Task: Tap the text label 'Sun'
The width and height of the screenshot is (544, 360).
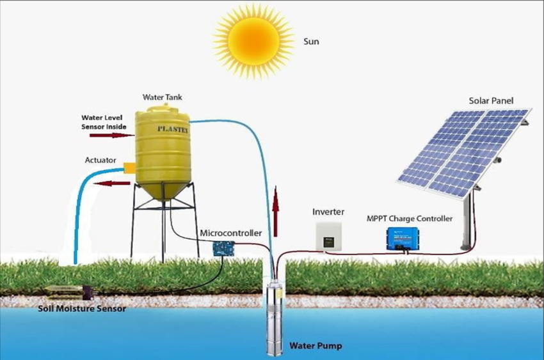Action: pyautogui.click(x=310, y=42)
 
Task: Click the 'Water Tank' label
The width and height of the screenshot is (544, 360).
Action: pyautogui.click(x=162, y=98)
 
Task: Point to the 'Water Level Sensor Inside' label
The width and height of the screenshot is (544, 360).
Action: pyautogui.click(x=104, y=122)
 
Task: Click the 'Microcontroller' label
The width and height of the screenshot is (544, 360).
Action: pyautogui.click(x=231, y=233)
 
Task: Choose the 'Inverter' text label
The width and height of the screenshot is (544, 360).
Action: pyautogui.click(x=329, y=212)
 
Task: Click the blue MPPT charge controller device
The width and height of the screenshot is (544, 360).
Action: pyautogui.click(x=403, y=239)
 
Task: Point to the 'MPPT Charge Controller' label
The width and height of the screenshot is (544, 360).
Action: pyautogui.click(x=410, y=219)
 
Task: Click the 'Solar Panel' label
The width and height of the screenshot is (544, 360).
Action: pyautogui.click(x=491, y=100)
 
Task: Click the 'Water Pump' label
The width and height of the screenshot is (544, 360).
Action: pyautogui.click(x=316, y=346)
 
